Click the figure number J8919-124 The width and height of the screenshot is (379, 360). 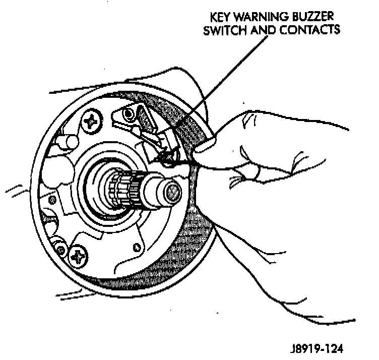tap(318, 348)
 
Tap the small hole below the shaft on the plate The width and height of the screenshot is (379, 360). tap(137, 247)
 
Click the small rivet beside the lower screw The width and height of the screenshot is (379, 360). tap(60, 249)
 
